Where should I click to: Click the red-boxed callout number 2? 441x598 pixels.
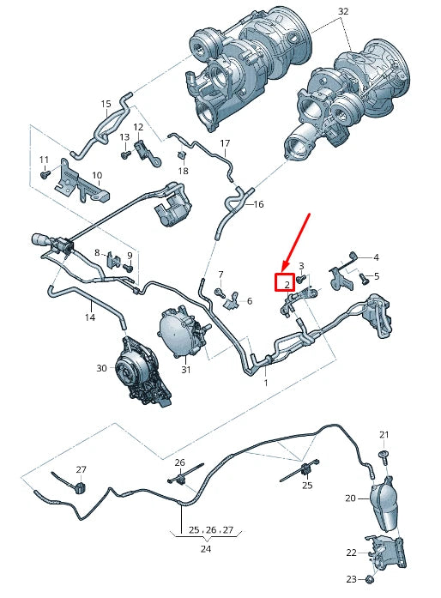click(x=284, y=282)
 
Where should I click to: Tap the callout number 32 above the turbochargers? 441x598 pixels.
click(x=343, y=12)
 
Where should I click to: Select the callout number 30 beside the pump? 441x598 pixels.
click(x=101, y=368)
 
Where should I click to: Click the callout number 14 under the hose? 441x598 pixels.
click(x=88, y=317)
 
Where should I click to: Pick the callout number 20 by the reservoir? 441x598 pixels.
click(x=350, y=498)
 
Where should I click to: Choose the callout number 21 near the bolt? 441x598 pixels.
click(x=384, y=435)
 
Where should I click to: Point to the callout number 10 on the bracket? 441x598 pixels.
click(x=97, y=175)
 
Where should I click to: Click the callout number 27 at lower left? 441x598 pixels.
click(x=82, y=469)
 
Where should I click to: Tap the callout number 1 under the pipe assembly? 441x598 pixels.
click(x=266, y=383)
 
